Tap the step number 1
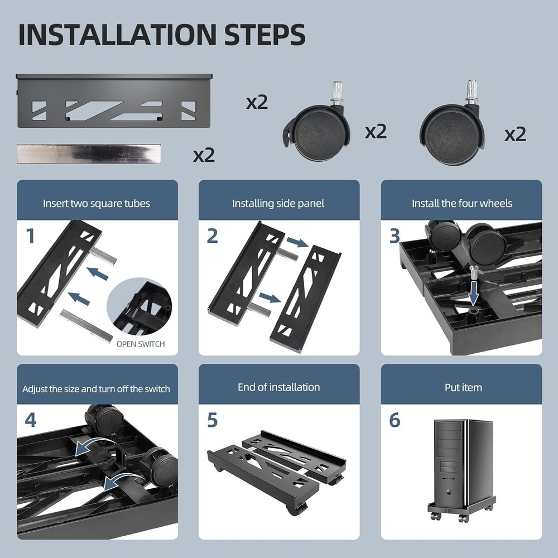tap(30, 236)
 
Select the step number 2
tap(212, 236)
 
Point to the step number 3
tap(395, 236)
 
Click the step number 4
tap(30, 420)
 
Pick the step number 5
tap(212, 420)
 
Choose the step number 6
tap(395, 420)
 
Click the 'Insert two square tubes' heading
tap(97, 203)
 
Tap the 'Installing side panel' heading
tap(278, 203)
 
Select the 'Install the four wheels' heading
tap(461, 203)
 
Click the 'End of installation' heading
tap(278, 387)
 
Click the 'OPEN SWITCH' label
tap(141, 344)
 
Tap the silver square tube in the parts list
tap(89, 154)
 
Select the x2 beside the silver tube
tap(204, 155)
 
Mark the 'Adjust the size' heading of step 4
tap(96, 389)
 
